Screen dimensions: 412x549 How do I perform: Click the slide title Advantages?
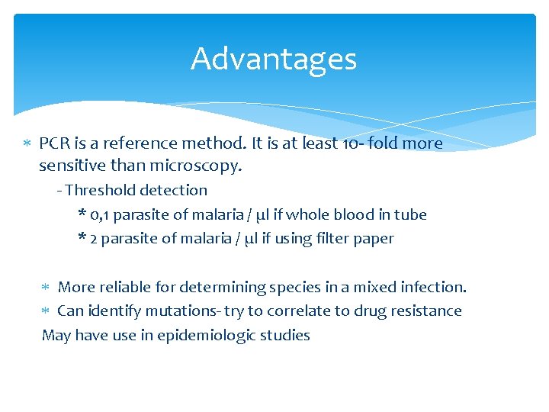coord(274,59)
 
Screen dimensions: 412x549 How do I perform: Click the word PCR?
coord(53,143)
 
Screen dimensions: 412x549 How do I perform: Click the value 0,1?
coord(99,215)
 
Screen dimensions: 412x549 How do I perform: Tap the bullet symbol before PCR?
coord(27,144)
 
